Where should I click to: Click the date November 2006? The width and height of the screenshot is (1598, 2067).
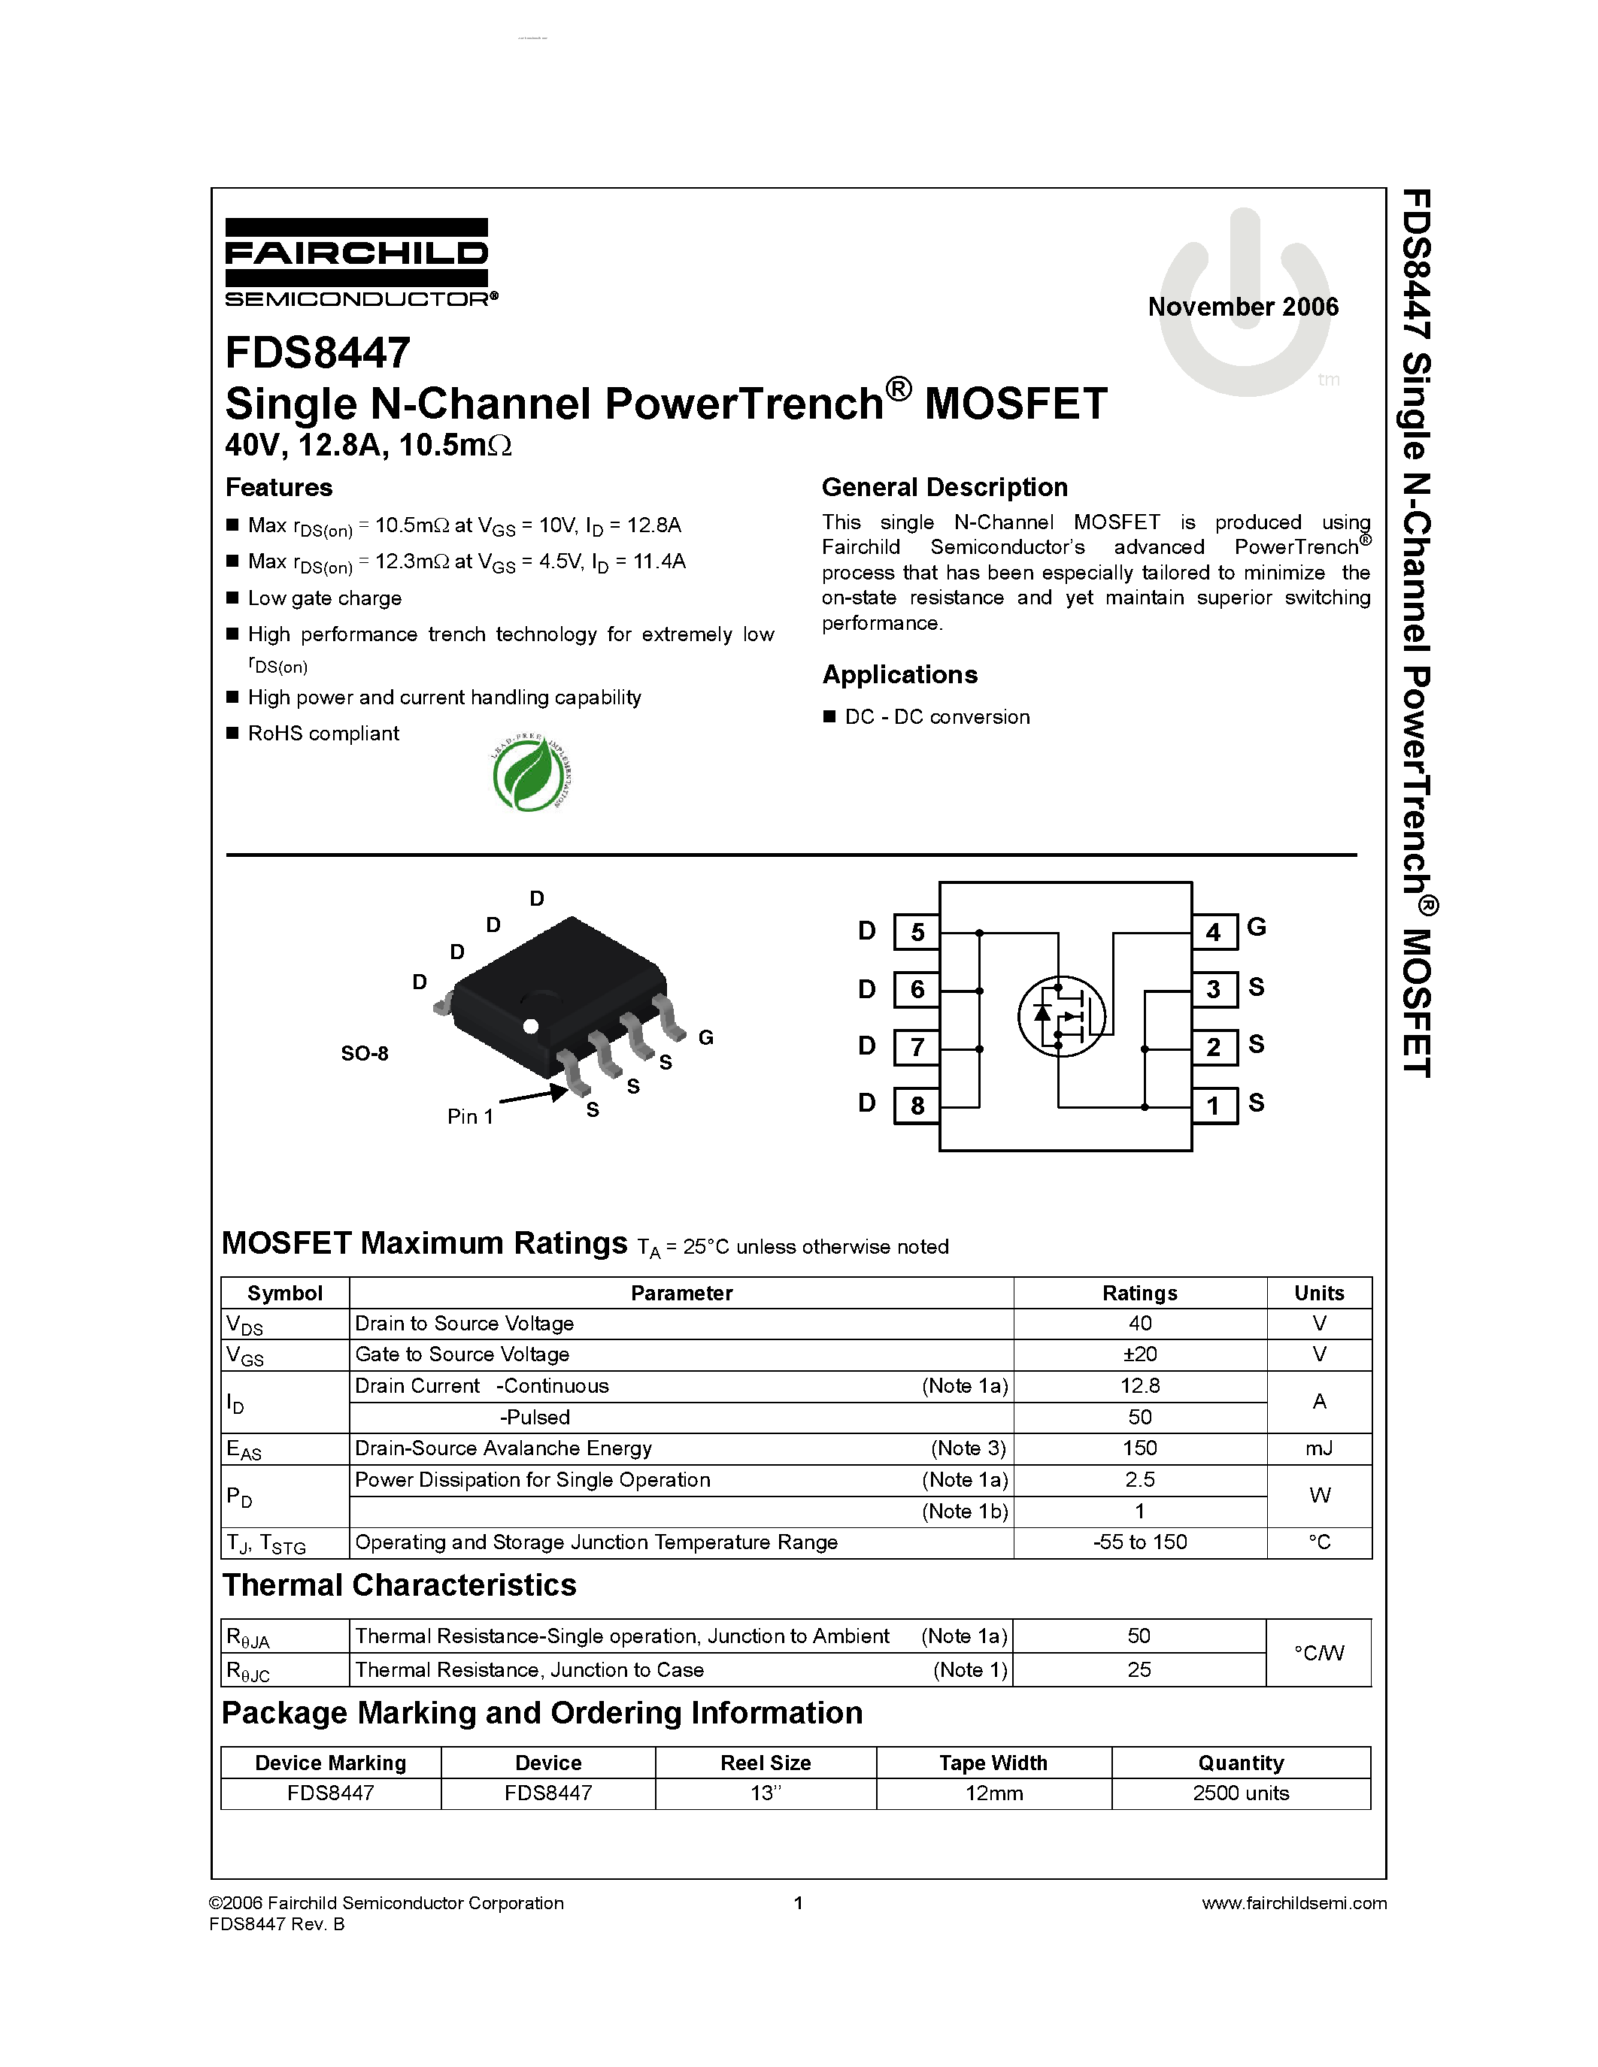coord(1243,307)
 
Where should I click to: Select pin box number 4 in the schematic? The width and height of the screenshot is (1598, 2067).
coord(1214,932)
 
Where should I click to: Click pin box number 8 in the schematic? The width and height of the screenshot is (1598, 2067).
coord(917,1104)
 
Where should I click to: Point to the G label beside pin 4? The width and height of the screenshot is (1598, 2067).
coord(1257,927)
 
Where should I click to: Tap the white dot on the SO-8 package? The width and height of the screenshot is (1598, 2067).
coord(530,1026)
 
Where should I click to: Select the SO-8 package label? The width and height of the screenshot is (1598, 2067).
coord(365,1053)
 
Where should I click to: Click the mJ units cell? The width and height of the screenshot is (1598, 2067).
coord(1319,1448)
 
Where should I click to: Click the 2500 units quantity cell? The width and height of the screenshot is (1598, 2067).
coord(1240,1793)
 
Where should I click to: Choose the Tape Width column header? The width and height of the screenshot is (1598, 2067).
coord(993,1763)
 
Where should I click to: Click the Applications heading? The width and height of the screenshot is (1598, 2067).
coord(899,675)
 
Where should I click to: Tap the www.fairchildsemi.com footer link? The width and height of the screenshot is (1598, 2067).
coord(1293,1903)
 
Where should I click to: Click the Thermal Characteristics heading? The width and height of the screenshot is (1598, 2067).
coord(399,1585)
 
